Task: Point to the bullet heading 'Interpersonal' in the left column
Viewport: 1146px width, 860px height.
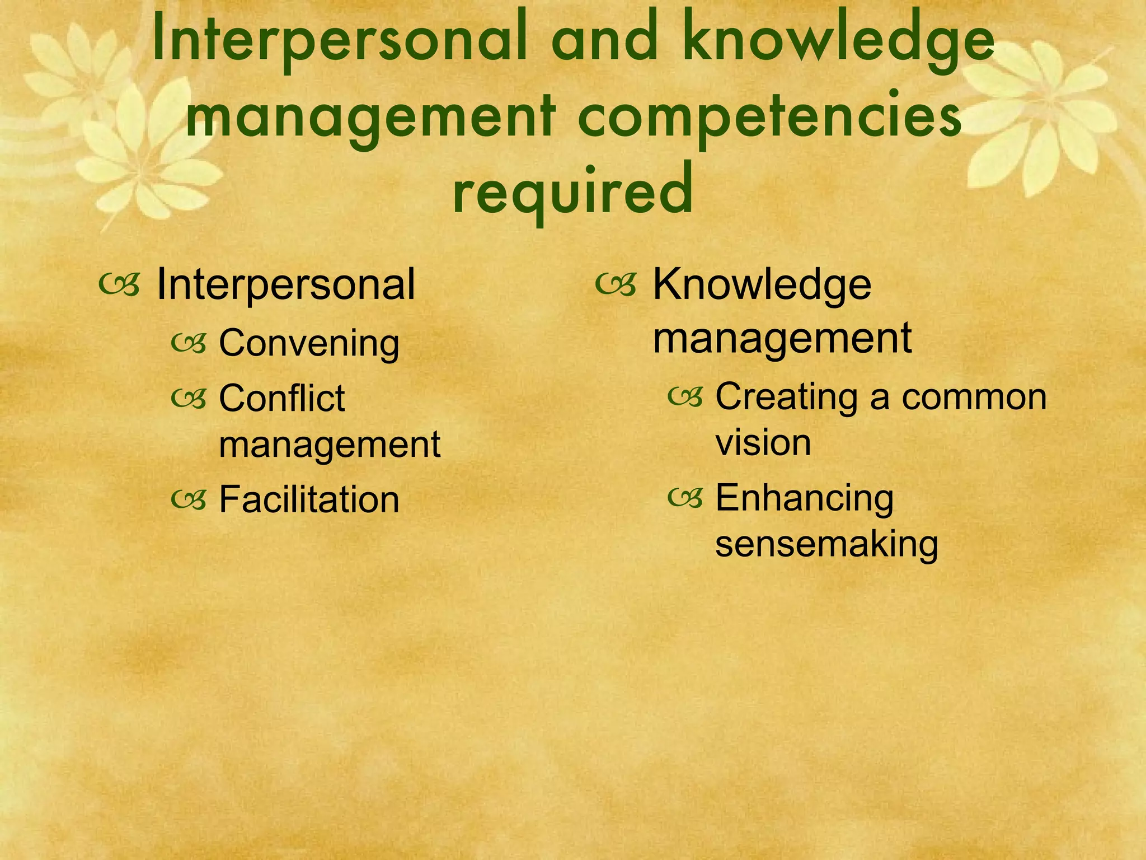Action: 285,284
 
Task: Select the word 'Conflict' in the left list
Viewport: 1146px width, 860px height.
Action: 281,398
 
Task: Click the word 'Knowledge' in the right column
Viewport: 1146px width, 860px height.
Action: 762,284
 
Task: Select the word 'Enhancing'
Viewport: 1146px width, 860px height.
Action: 804,498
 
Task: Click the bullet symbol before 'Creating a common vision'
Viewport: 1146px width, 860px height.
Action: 685,397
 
